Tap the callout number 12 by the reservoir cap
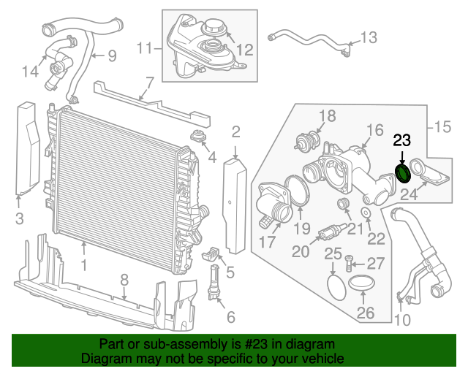(244, 50)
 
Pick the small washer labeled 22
(365, 213)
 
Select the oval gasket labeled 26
(363, 284)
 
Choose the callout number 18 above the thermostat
(326, 115)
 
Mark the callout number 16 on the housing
(374, 130)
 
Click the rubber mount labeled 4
(197, 137)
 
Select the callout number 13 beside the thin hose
(369, 37)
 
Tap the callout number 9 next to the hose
(112, 55)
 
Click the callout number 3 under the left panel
(19, 217)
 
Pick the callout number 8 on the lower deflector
(124, 279)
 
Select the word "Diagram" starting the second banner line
(103, 359)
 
